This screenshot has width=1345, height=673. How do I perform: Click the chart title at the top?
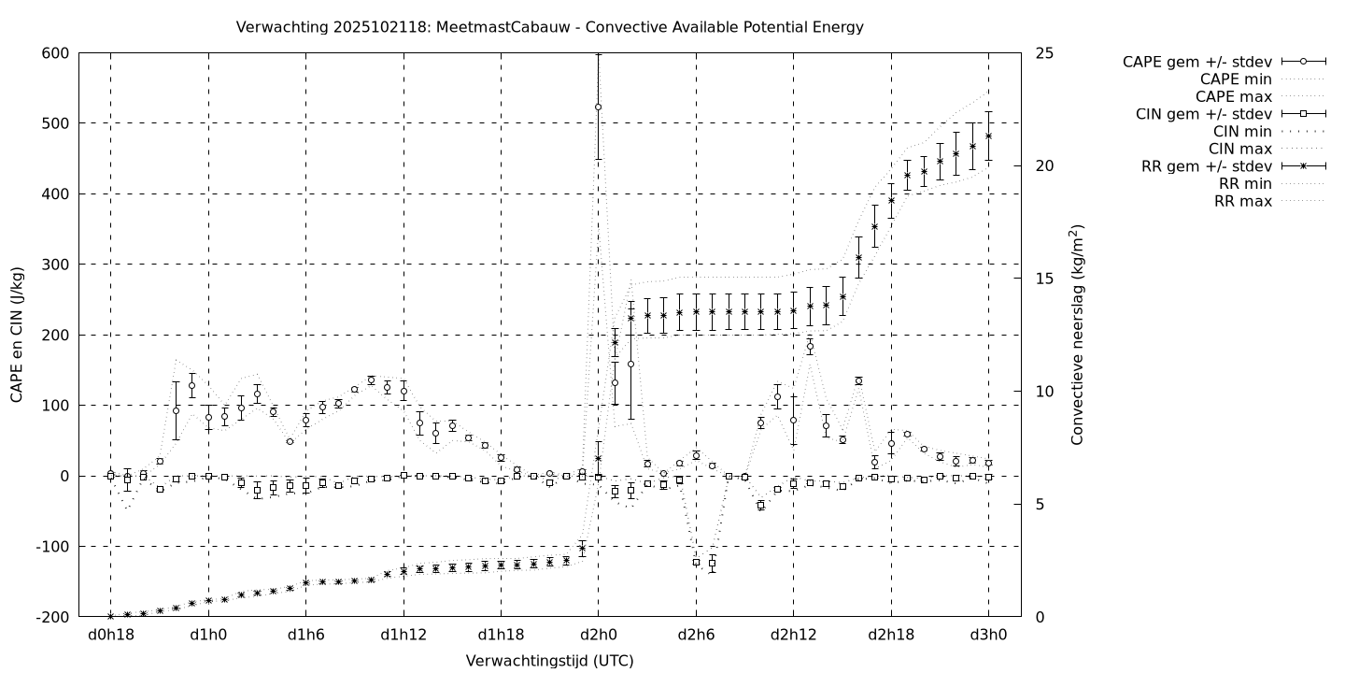(550, 27)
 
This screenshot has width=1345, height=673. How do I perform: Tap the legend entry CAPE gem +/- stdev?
(1199, 62)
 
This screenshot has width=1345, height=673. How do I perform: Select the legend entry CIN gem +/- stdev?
(1204, 114)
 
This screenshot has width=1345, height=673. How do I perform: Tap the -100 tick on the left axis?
(52, 547)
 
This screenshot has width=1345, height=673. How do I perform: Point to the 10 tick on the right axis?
(1044, 392)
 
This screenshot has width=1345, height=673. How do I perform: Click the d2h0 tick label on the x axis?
(599, 636)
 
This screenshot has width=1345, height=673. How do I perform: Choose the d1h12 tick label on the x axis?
(403, 636)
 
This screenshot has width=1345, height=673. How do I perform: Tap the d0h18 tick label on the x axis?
(110, 636)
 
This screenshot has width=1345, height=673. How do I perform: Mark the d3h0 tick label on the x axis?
(988, 636)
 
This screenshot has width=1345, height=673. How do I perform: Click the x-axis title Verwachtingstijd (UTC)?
(549, 661)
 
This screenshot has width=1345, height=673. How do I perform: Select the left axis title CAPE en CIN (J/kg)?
(18, 335)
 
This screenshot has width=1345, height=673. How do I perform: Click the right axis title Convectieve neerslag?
(1077, 335)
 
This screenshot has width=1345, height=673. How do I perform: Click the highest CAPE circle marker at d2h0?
(599, 107)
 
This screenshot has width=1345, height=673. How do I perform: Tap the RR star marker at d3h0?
(988, 136)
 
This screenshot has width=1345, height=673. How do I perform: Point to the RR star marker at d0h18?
(110, 616)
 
